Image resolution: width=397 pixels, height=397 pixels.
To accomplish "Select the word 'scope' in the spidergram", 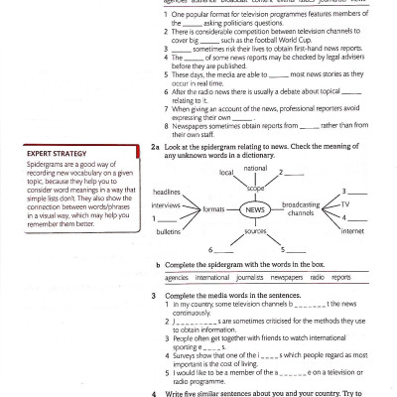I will [x=255, y=188].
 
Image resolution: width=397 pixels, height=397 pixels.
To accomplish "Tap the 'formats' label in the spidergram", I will [x=213, y=210].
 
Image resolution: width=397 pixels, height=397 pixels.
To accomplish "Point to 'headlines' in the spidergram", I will [x=167, y=192].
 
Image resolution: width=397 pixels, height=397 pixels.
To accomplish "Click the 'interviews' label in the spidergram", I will [x=166, y=204].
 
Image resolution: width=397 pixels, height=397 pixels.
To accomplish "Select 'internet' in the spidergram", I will [x=352, y=230].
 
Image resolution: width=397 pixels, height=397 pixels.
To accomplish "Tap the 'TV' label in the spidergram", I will [x=345, y=203].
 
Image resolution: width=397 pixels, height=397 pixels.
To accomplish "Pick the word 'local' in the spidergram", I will [x=226, y=174].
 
